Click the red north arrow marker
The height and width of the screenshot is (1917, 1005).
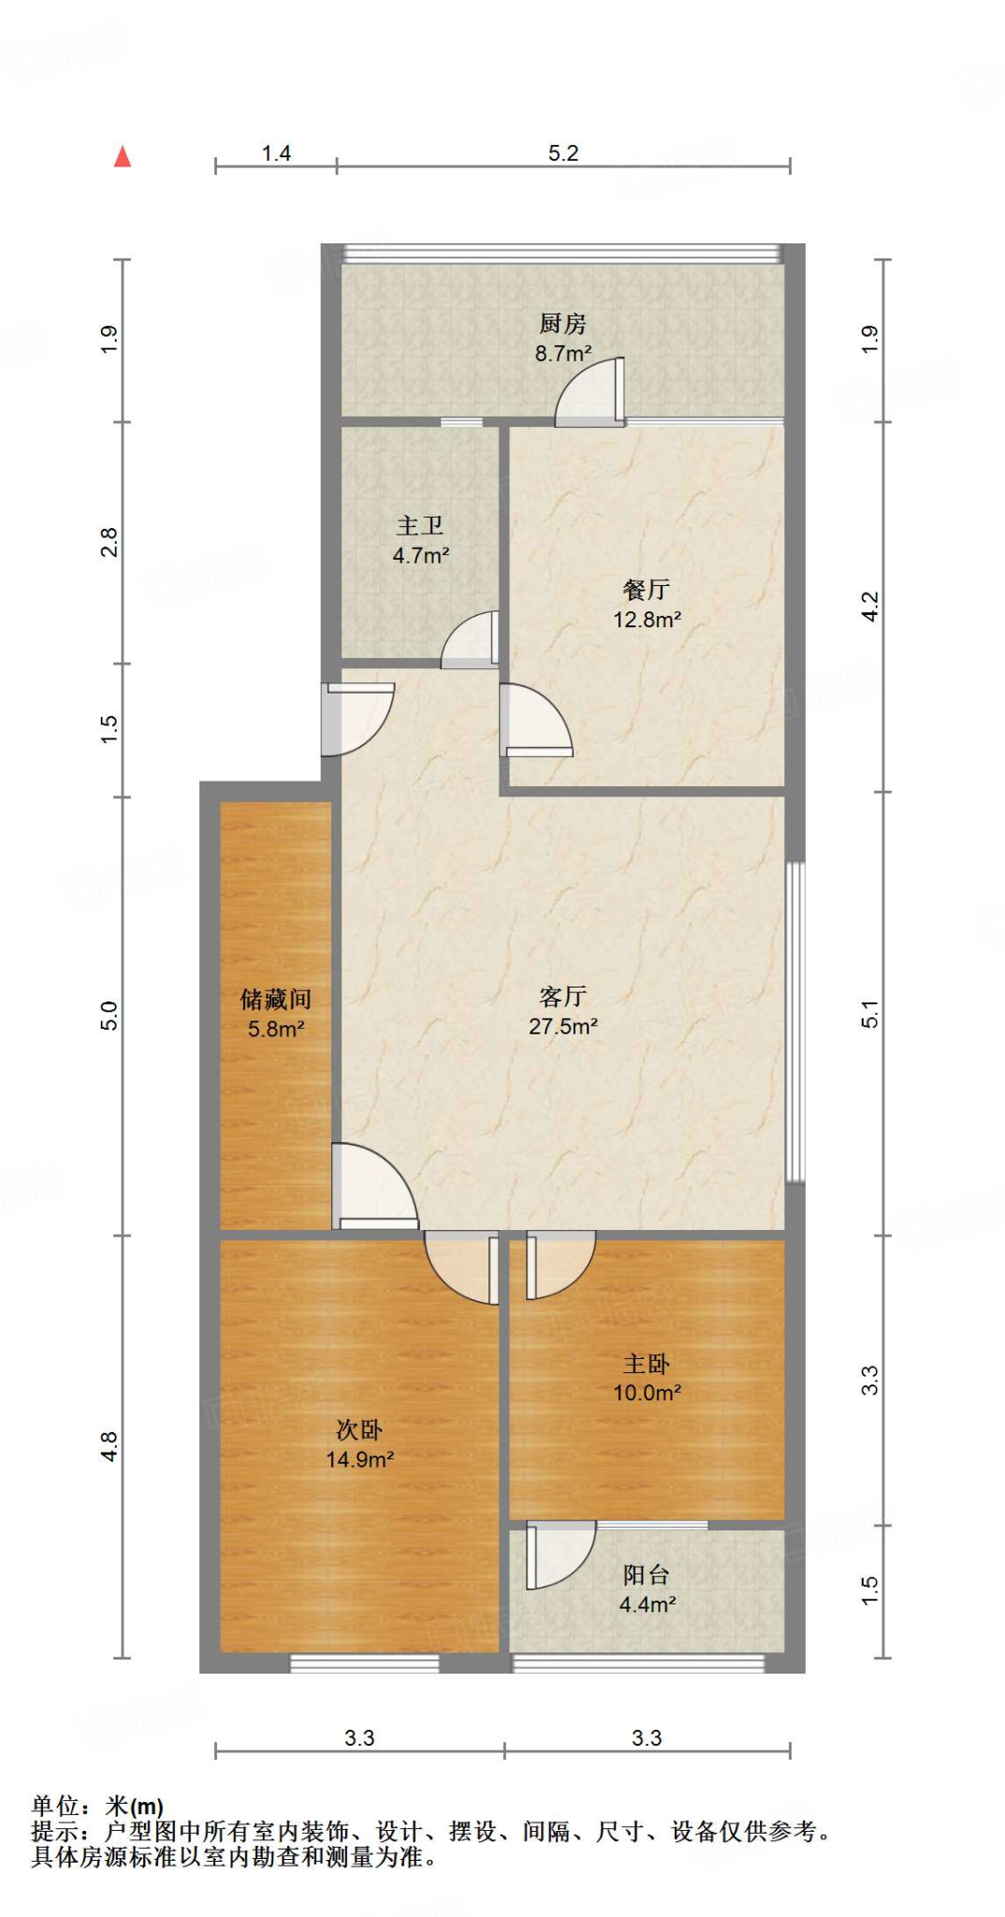[123, 156]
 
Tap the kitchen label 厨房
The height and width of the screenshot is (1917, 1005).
[562, 324]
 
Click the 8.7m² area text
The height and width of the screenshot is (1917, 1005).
[562, 354]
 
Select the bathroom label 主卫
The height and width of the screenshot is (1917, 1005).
[420, 526]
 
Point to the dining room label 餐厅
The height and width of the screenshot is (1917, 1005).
[646, 590]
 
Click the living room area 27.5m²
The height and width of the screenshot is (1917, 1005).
[562, 1027]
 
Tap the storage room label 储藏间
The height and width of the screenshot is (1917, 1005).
[275, 1000]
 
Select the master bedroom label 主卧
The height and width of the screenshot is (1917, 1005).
[646, 1364]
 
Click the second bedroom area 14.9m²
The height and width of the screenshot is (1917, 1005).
[359, 1459]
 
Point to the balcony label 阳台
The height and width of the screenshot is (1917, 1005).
[646, 1575]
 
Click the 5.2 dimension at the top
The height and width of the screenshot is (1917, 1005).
[563, 154]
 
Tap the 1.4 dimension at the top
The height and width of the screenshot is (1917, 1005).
[276, 154]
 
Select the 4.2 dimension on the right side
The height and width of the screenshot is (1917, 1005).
[870, 607]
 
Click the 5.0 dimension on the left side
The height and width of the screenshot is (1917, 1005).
[109, 1016]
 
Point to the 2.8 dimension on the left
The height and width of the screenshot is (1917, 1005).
[109, 543]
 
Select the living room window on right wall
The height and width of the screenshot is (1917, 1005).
[794, 1021]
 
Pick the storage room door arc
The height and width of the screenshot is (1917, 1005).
[374, 1185]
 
